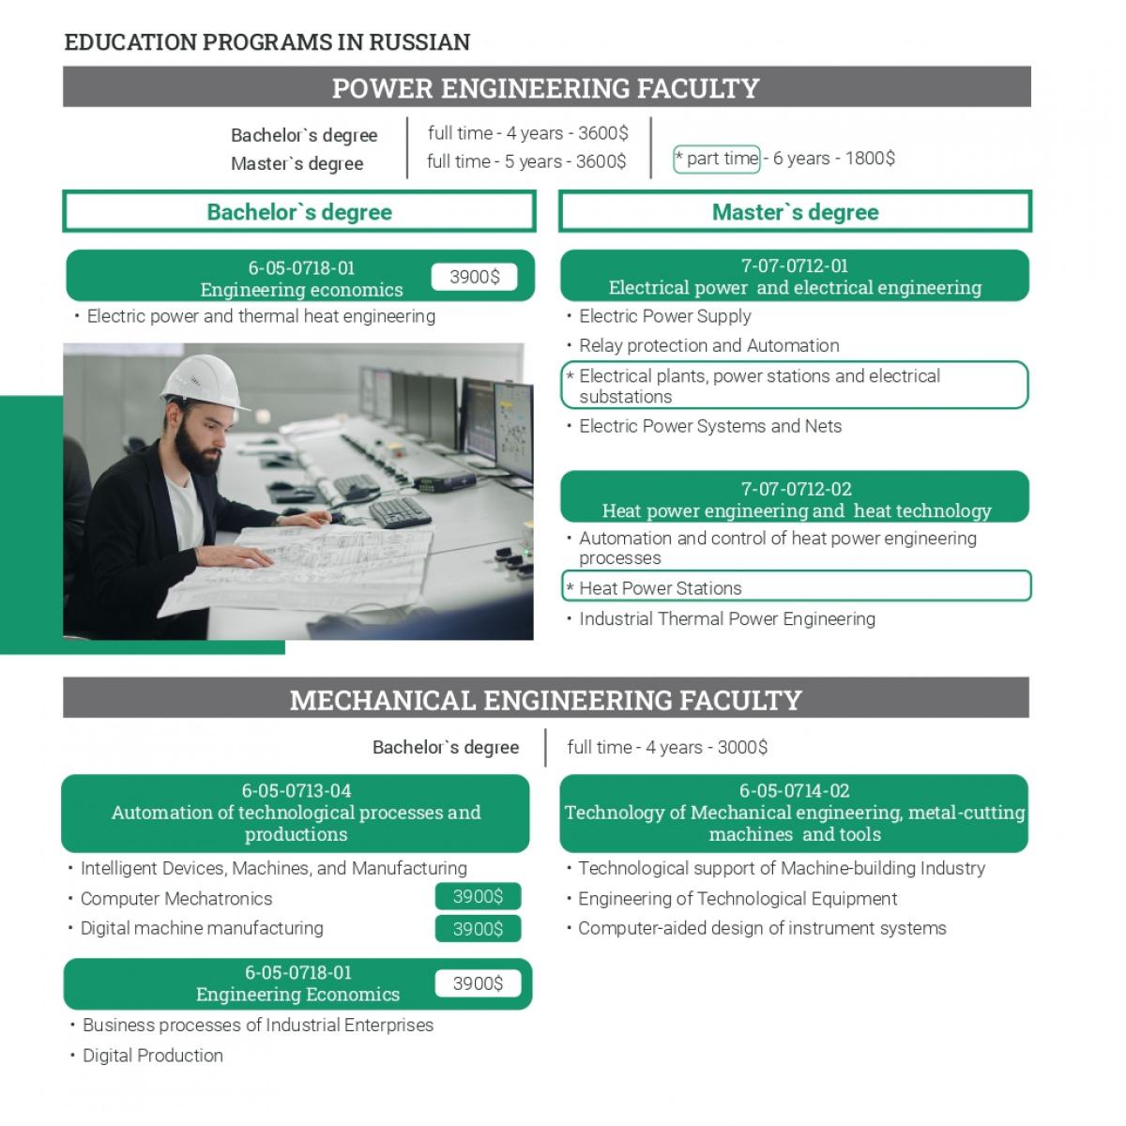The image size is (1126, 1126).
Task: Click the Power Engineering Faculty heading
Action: click(x=545, y=88)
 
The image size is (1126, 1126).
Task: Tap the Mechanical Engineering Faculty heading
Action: click(x=545, y=700)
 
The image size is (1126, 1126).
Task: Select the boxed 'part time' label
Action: click(x=717, y=159)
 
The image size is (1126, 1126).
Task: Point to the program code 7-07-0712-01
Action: click(x=794, y=266)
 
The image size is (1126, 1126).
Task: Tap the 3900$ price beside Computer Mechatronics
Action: click(x=478, y=897)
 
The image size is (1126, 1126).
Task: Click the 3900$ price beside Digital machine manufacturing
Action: click(x=478, y=929)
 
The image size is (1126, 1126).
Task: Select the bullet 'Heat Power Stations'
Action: click(x=660, y=588)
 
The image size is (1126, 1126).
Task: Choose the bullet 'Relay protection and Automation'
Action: click(x=708, y=345)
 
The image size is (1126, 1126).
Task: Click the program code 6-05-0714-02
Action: click(x=794, y=791)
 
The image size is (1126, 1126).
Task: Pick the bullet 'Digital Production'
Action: click(x=152, y=1056)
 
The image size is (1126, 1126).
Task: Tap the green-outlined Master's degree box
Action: click(x=795, y=212)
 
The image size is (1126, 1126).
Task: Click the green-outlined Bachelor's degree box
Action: click(x=299, y=212)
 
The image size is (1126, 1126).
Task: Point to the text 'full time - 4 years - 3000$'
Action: click(x=667, y=748)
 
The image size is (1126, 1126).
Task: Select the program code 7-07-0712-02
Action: click(x=796, y=489)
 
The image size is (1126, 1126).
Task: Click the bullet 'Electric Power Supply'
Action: click(x=664, y=316)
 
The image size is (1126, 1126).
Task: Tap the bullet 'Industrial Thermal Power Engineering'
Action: click(x=726, y=619)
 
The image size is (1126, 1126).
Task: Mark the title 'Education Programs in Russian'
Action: click(x=267, y=42)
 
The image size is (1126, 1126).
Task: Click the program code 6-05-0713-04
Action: click(x=297, y=791)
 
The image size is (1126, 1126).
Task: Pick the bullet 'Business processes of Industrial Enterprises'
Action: click(x=257, y=1026)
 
